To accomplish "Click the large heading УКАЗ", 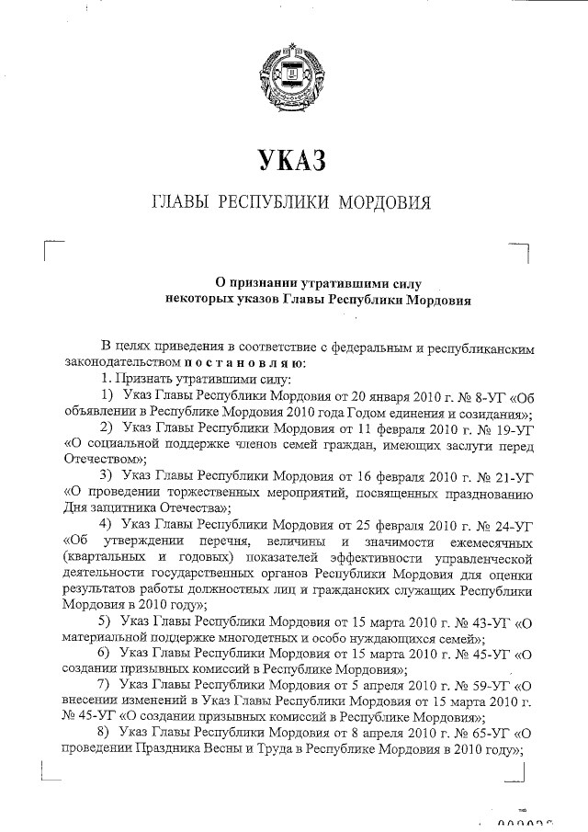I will tap(293, 162).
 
